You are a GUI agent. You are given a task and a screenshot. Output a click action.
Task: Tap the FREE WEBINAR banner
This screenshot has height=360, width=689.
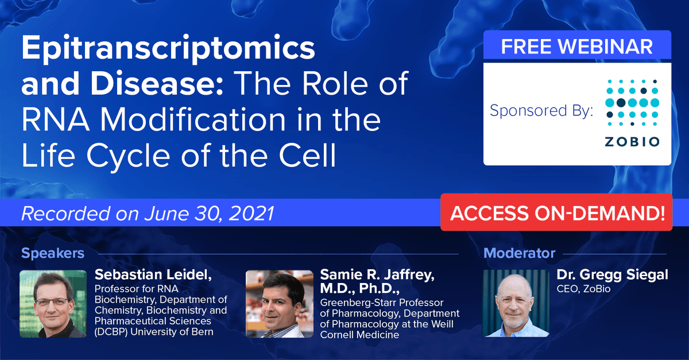point(577,46)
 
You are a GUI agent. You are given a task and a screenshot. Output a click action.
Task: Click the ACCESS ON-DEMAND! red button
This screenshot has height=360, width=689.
point(557,213)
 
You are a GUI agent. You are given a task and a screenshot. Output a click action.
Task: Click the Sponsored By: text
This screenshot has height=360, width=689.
point(541,111)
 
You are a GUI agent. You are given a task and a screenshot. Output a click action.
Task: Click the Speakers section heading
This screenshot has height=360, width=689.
point(53,253)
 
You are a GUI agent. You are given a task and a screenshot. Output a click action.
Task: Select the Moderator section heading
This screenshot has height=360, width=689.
point(520,253)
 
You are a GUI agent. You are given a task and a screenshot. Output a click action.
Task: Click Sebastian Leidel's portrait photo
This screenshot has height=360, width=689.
point(53,303)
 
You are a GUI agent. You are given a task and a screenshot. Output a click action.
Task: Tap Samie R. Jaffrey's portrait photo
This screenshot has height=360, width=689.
point(279,303)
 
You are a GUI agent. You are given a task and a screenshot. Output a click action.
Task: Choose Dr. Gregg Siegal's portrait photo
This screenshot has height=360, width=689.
point(516,303)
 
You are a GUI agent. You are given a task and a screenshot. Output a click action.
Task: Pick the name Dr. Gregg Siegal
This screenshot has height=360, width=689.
point(612,275)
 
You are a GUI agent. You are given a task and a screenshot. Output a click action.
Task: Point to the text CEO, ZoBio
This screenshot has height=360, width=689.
point(584,289)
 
